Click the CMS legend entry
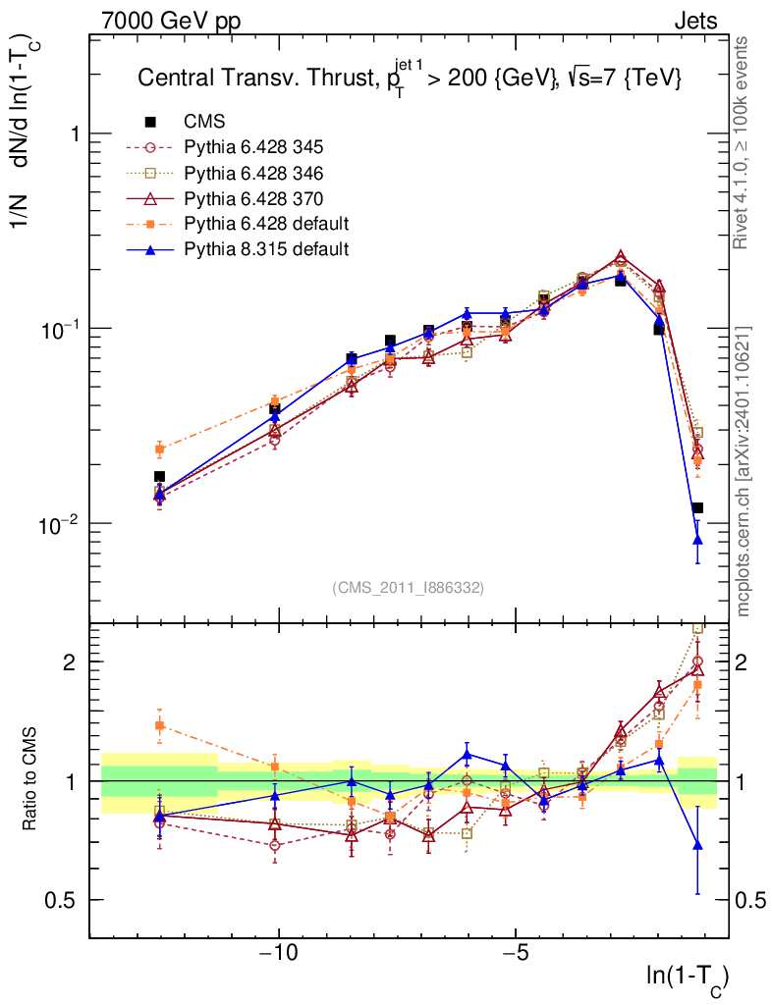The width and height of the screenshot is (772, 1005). pyautogui.click(x=204, y=122)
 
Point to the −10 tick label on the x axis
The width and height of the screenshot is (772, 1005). pyautogui.click(x=278, y=954)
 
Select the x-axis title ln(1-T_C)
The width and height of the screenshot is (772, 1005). pyautogui.click(x=687, y=977)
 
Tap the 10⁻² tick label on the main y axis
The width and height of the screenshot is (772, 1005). pyautogui.click(x=58, y=523)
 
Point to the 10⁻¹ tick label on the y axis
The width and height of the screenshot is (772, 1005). pyautogui.click(x=58, y=329)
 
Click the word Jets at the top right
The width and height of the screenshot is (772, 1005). pyautogui.click(x=694, y=21)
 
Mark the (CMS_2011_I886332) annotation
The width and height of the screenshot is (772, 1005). pyautogui.click(x=409, y=587)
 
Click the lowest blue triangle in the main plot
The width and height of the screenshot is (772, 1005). pyautogui.click(x=697, y=539)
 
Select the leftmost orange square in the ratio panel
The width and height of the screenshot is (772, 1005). pyautogui.click(x=160, y=725)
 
